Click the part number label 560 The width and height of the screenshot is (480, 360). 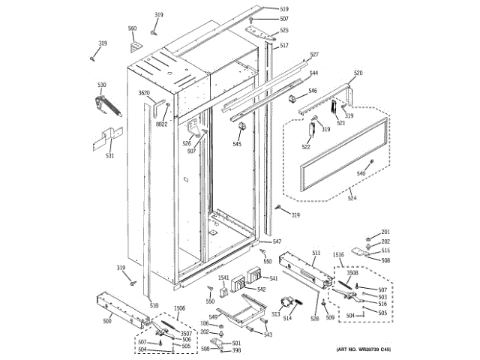[133, 28]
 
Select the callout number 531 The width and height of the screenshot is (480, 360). [109, 156]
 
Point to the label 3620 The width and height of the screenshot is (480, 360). [144, 93]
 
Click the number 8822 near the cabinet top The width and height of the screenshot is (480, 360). [162, 124]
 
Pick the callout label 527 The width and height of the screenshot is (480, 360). [313, 55]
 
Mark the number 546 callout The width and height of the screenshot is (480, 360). [313, 91]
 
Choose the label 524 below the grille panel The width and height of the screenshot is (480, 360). [352, 199]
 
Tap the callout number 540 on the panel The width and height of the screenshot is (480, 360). [361, 173]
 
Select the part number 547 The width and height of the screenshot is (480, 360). [277, 241]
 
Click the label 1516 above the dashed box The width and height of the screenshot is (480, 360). [339, 256]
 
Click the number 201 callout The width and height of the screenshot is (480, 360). [385, 232]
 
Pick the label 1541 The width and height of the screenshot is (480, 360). [223, 278]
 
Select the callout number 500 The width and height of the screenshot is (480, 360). [107, 320]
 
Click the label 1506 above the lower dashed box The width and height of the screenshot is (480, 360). [179, 307]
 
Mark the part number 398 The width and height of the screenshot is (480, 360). [236, 350]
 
